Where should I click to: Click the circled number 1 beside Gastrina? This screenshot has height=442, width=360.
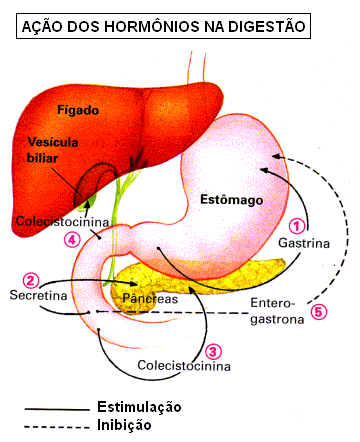click(297, 226)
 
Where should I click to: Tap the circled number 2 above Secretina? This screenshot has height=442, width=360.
click(31, 281)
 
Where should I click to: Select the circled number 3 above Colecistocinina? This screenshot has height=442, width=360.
click(213, 351)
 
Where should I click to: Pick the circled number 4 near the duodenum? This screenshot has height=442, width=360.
click(72, 239)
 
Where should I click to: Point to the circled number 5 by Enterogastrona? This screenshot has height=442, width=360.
click(319, 312)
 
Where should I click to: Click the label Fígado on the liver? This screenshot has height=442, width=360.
click(78, 110)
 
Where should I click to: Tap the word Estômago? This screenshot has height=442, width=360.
click(231, 199)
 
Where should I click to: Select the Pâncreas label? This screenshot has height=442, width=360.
click(150, 298)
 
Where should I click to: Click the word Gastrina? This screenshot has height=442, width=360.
click(304, 243)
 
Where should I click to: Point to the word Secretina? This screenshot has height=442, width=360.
click(38, 295)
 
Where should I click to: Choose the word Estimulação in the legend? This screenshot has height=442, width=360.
click(139, 407)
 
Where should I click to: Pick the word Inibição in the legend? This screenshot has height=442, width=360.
click(124, 425)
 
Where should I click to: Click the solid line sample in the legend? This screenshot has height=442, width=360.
click(57, 409)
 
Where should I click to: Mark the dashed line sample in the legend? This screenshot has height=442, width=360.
click(57, 427)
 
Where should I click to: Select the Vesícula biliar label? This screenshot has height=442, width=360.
click(53, 150)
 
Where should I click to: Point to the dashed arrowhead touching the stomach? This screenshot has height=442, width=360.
click(276, 156)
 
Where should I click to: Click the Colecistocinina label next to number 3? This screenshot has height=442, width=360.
click(184, 366)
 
